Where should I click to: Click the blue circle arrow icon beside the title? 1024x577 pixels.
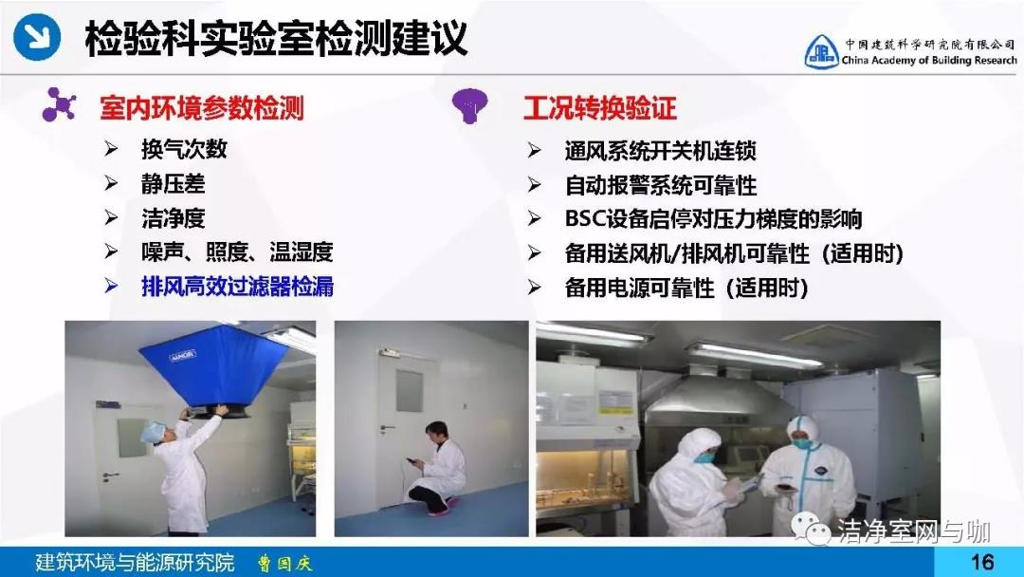[x=38, y=37]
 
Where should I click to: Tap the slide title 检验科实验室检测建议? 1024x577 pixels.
[x=276, y=38]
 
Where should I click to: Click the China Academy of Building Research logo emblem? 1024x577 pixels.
[x=821, y=51]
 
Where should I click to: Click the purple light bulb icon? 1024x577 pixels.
[x=470, y=105]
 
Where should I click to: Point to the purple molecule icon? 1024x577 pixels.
[x=60, y=104]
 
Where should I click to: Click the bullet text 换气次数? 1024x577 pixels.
[x=184, y=149]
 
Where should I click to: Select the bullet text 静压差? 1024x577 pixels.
[x=174, y=183]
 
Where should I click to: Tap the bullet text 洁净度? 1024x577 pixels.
[x=174, y=217]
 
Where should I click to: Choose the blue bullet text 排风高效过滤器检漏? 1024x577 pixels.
[x=238, y=287]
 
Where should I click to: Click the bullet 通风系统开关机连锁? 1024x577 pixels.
[x=660, y=151]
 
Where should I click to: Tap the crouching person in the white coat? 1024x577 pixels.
[x=435, y=469]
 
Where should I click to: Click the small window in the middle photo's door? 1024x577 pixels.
[x=410, y=391]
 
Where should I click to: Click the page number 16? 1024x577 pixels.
[x=981, y=562]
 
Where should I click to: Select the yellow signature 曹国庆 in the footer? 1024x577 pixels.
[x=284, y=563]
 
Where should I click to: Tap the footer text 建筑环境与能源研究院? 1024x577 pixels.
[x=135, y=562]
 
